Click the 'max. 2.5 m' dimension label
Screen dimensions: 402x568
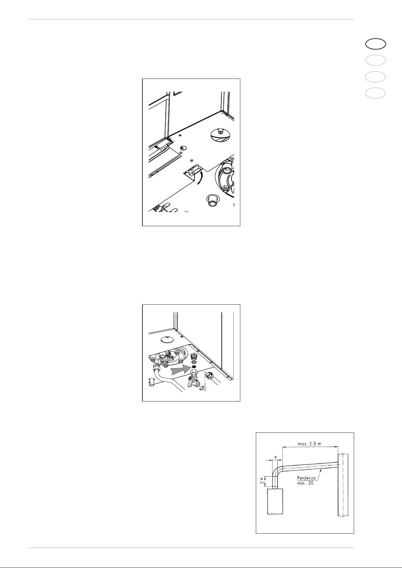pyautogui.click(x=309, y=444)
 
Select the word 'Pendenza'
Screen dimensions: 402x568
pyautogui.click(x=306, y=478)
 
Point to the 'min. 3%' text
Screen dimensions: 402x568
pyautogui.click(x=305, y=483)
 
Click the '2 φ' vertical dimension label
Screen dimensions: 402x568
pyautogui.click(x=262, y=481)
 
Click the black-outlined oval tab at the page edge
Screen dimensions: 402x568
pyautogui.click(x=376, y=44)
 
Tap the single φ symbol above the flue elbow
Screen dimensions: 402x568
pyautogui.click(x=275, y=457)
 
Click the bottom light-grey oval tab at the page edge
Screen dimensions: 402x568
pyautogui.click(x=376, y=93)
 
